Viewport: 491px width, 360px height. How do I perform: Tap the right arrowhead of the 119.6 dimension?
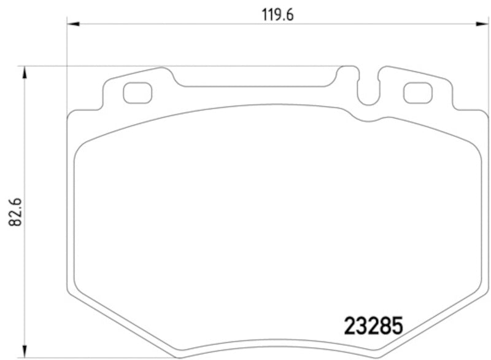click(480, 24)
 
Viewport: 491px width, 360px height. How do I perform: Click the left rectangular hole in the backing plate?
click(136, 93)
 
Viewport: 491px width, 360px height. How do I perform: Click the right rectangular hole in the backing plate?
click(417, 93)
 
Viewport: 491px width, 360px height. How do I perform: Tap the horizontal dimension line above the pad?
click(184, 24)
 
